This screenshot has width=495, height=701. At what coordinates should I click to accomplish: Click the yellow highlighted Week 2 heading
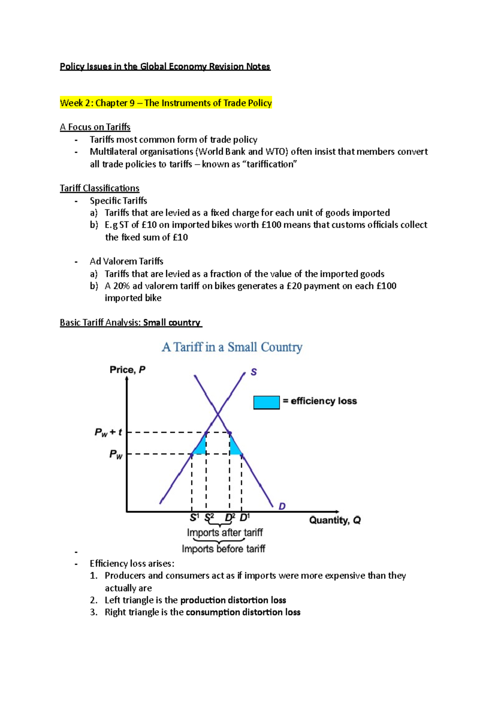(x=165, y=103)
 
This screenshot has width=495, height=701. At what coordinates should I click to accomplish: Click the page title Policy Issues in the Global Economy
(x=165, y=66)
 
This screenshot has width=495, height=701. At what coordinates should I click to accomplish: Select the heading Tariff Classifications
(x=99, y=188)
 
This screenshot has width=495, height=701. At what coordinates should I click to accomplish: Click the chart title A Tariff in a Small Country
(x=232, y=347)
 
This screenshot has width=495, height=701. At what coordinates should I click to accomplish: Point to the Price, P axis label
(x=127, y=369)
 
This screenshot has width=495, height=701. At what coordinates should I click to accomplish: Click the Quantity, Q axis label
(x=335, y=520)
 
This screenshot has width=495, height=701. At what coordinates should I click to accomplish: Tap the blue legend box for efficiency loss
(x=266, y=402)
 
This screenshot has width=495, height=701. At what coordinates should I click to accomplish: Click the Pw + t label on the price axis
(x=108, y=432)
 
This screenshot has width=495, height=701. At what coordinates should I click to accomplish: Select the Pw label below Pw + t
(x=115, y=455)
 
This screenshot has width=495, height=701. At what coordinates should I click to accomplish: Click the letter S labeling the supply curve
(x=254, y=372)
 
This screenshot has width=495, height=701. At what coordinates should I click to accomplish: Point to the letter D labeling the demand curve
(x=282, y=506)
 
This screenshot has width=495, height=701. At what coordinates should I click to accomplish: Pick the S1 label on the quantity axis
(x=194, y=518)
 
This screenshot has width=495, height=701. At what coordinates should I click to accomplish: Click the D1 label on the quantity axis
(x=245, y=517)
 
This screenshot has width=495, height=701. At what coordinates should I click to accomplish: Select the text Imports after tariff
(x=225, y=533)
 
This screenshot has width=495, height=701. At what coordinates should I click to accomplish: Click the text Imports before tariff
(x=223, y=549)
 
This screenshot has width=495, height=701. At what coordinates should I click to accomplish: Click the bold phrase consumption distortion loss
(x=243, y=612)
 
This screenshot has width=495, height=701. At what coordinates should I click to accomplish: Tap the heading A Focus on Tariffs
(x=95, y=127)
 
